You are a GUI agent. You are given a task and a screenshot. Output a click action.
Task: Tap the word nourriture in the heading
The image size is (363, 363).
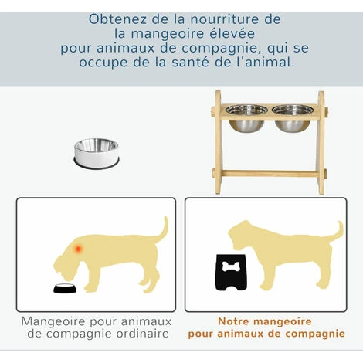[224, 19]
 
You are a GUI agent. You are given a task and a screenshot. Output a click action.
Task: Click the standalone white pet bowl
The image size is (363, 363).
[97, 154]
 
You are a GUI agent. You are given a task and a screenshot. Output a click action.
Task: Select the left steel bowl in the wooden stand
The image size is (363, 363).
[246, 118]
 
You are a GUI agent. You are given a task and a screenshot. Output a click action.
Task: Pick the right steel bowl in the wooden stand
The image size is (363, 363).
[293, 118]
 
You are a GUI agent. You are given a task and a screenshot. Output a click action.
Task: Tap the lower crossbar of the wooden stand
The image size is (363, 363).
[270, 173]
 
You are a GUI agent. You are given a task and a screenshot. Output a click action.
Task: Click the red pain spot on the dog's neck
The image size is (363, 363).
[78, 249]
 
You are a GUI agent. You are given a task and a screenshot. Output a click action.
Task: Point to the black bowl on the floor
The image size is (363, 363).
[65, 288]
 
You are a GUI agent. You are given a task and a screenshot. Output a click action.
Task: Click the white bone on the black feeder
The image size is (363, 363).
[231, 266]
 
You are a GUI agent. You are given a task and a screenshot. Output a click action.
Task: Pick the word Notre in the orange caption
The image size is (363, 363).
[233, 321]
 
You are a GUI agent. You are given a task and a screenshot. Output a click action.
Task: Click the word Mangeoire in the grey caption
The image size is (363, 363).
[53, 322]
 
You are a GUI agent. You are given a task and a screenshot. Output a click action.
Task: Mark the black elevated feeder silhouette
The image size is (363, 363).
[231, 273]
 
